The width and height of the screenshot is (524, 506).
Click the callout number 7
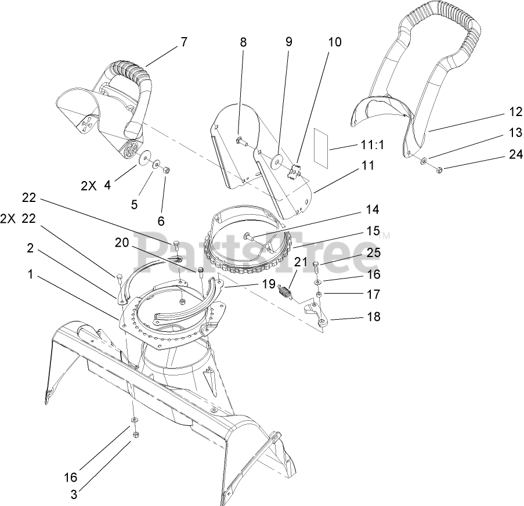(x=184, y=42)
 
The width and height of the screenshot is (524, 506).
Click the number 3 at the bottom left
(x=74, y=494)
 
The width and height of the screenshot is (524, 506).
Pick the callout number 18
(x=374, y=317)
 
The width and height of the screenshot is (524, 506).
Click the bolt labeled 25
(x=316, y=267)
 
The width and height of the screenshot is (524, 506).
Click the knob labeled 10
(x=295, y=170)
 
